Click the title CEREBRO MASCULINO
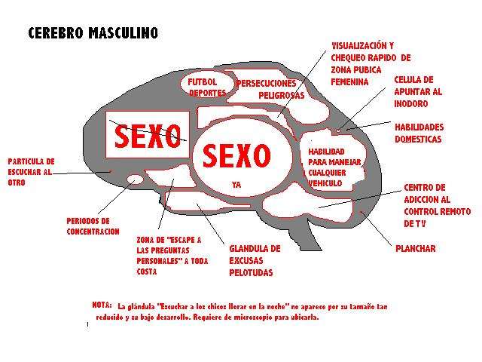(x=93, y=33)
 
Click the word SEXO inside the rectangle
(x=148, y=136)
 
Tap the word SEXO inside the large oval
(x=236, y=156)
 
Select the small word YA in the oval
(x=236, y=185)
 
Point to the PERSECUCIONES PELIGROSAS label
(x=270, y=89)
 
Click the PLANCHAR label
(x=415, y=248)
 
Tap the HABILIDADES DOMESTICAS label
(x=419, y=133)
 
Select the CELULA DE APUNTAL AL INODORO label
(x=418, y=91)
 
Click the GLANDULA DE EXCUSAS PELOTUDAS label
(x=255, y=260)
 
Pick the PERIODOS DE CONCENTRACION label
(x=93, y=226)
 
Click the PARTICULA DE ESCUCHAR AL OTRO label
(x=31, y=172)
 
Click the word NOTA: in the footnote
(x=102, y=305)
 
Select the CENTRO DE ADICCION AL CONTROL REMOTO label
(x=437, y=205)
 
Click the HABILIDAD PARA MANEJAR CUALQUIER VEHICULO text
(x=334, y=167)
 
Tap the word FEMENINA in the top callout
(x=349, y=82)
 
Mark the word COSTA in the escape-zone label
(x=147, y=271)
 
